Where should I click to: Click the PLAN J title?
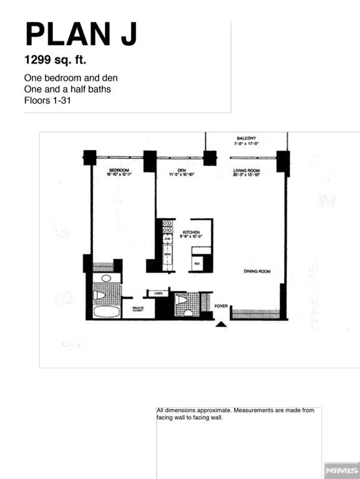pyautogui.click(x=80, y=34)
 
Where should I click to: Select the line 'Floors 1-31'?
pyautogui.click(x=46, y=100)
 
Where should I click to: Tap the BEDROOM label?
pyautogui.click(x=119, y=170)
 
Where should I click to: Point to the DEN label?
pyautogui.click(x=182, y=170)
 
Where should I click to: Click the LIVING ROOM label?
pyautogui.click(x=246, y=170)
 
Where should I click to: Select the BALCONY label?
pyautogui.click(x=246, y=138)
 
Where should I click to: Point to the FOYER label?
pyautogui.click(x=221, y=306)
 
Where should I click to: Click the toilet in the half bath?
pyautogui.click(x=182, y=300)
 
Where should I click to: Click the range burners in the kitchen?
pyautogui.click(x=167, y=226)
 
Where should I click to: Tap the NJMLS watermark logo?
pyautogui.click(x=341, y=468)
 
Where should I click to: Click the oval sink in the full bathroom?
pyautogui.click(x=106, y=278)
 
